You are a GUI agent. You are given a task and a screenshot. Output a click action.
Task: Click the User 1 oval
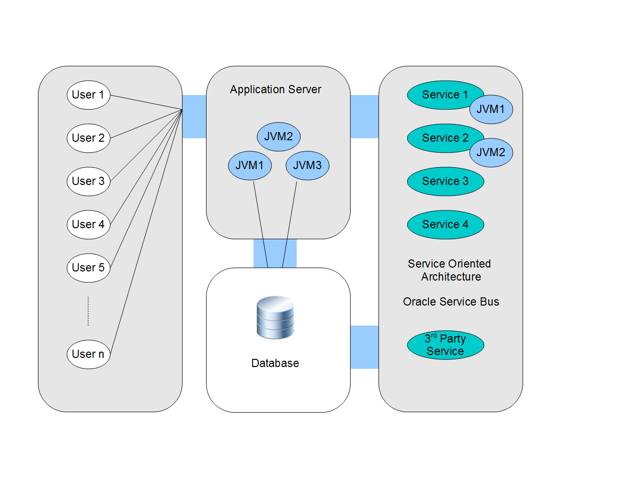pyautogui.click(x=88, y=95)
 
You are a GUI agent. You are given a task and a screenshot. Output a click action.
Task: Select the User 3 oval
pyautogui.click(x=88, y=181)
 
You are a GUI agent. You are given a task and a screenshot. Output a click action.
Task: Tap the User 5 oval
pyautogui.click(x=88, y=268)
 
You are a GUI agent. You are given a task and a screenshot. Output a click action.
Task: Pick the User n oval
pyautogui.click(x=88, y=354)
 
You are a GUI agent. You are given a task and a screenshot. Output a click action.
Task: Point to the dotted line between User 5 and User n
pyautogui.click(x=88, y=311)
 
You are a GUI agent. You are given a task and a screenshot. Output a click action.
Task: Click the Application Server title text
pyautogui.click(x=275, y=89)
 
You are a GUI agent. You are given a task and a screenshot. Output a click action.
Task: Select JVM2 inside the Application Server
pyautogui.click(x=279, y=136)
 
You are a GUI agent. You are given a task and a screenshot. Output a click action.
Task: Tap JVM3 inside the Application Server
pyautogui.click(x=307, y=165)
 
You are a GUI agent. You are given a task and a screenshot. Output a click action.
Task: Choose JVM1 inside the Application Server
pyautogui.click(x=250, y=165)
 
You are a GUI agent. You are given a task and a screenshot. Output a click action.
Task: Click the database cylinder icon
pyautogui.click(x=275, y=318)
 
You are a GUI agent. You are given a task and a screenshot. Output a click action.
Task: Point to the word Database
pyautogui.click(x=275, y=363)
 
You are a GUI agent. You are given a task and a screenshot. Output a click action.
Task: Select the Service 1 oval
pyautogui.click(x=439, y=95)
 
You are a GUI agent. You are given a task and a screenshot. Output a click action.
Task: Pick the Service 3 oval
pyautogui.click(x=445, y=181)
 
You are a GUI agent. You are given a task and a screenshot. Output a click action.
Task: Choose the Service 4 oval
pyautogui.click(x=445, y=224)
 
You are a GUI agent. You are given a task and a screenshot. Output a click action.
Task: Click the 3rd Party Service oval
pyautogui.click(x=445, y=345)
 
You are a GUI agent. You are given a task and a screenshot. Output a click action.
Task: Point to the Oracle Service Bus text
pyautogui.click(x=451, y=302)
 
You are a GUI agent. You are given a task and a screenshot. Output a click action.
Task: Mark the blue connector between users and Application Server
pyautogui.click(x=194, y=117)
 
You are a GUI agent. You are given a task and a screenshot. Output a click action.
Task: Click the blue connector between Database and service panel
pyautogui.click(x=364, y=347)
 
